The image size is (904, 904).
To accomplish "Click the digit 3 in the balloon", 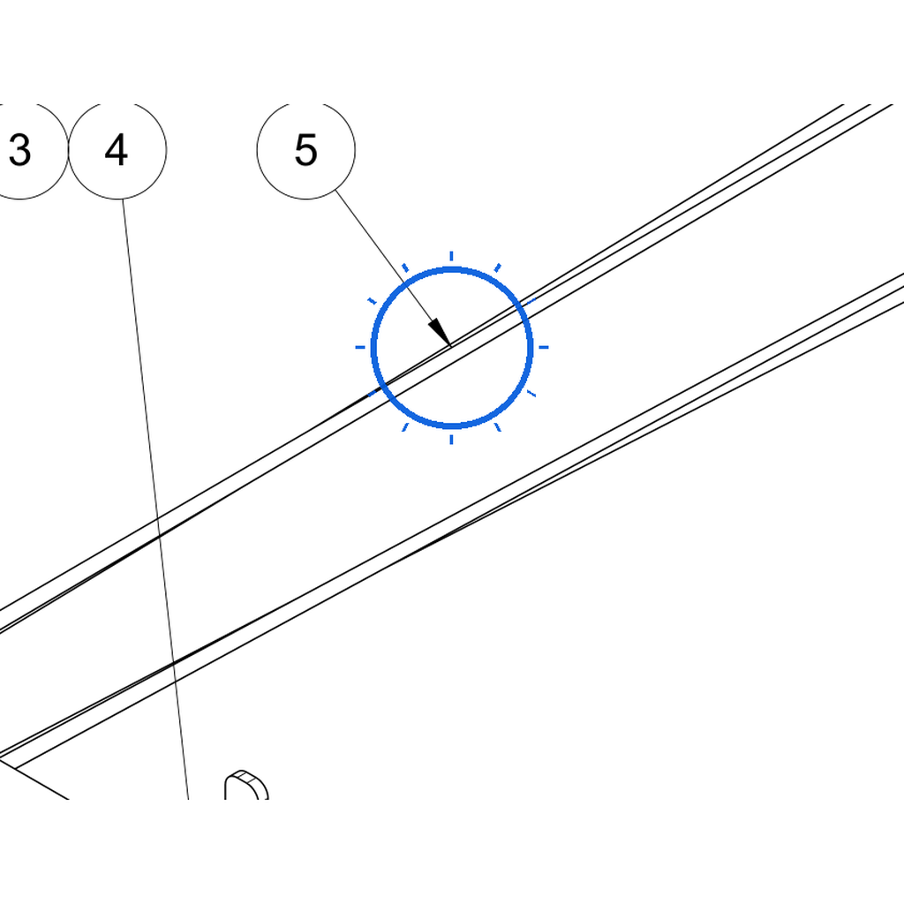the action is [19, 150].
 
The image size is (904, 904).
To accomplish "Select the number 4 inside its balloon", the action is [116, 150].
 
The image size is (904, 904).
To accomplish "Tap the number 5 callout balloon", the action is [306, 151].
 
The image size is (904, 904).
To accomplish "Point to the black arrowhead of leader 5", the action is [440, 332].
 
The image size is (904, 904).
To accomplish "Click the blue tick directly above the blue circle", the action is [451, 256].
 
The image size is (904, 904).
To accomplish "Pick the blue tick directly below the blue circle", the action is [451, 440].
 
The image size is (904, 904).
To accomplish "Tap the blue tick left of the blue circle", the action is [360, 347].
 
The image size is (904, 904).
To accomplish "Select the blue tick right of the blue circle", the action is [543, 347].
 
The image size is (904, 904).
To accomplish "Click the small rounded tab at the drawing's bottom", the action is [246, 785].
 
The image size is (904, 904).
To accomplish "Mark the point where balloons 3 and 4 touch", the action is [69, 150].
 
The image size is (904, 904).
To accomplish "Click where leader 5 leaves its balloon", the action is [335, 191].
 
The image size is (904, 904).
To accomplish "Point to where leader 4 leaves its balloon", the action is [122, 200].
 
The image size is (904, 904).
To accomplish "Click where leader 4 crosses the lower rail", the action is [173, 665].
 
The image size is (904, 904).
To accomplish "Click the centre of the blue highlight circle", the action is [451, 348].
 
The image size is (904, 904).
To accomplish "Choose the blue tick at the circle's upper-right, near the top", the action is [498, 268].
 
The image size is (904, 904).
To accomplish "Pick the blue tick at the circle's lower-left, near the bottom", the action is [405, 427].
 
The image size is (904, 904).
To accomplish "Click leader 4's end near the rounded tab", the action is [188, 798].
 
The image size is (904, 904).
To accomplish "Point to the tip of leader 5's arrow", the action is [451, 346].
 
